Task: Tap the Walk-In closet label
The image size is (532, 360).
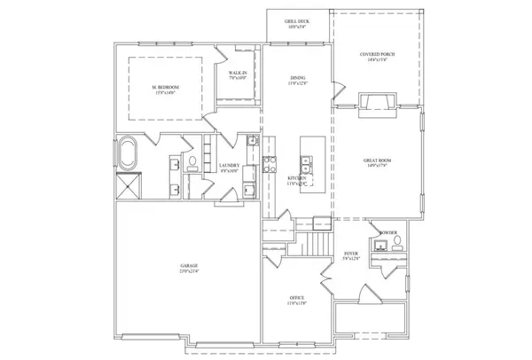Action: (x=237, y=76)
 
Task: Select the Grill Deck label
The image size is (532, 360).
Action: (x=296, y=23)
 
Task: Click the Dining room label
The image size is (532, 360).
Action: (x=298, y=81)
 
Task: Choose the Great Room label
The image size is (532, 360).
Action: (x=377, y=162)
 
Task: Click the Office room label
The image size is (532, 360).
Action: (x=298, y=300)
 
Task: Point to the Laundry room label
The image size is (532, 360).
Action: (x=229, y=168)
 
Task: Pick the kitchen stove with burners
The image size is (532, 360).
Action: (x=267, y=163)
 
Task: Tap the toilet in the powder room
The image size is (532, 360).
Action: (x=397, y=240)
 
